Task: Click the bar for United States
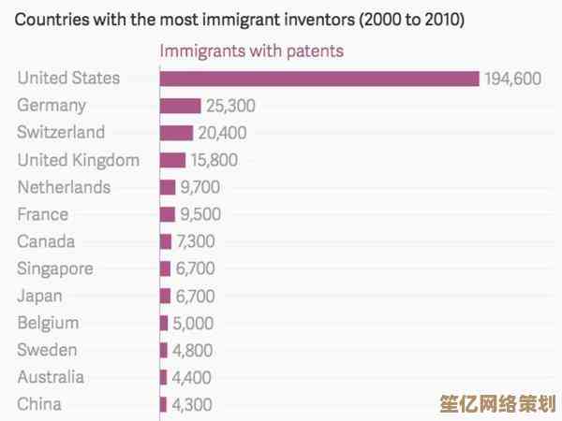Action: point(319,79)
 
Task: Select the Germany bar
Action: point(180,106)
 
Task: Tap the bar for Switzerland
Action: point(176,133)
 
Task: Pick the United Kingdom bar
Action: point(172,160)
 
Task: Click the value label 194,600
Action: point(513,79)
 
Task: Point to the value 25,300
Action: point(230,106)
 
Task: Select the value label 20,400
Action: point(223,133)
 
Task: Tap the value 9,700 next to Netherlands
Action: point(200,187)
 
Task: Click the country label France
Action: point(42,214)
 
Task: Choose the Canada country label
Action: point(46,241)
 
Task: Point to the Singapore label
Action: point(55,269)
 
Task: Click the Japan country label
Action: point(40,296)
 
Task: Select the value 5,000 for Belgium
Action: point(193,324)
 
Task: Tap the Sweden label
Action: point(47,350)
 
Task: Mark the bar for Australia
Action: point(163,377)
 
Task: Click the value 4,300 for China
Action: point(193,405)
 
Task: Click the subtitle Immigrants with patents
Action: point(251,51)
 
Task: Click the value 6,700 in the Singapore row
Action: point(195,269)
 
